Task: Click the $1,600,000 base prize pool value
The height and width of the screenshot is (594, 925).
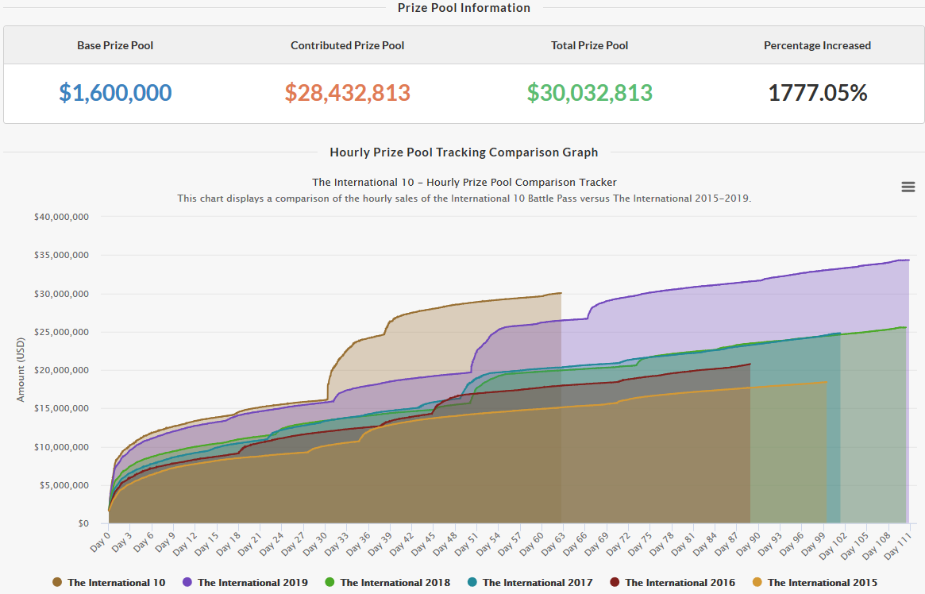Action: coord(115,93)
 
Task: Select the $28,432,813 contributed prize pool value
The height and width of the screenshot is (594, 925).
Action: coord(347,93)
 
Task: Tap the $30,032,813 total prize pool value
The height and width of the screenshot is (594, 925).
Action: coord(589,93)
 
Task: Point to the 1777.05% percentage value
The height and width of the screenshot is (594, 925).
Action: coord(817,93)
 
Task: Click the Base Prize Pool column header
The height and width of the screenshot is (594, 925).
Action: coord(115,45)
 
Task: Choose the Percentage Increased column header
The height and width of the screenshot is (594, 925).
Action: coord(817,45)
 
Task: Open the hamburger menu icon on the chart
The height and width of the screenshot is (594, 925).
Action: coord(908,187)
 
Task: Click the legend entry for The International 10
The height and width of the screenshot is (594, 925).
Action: coord(116,583)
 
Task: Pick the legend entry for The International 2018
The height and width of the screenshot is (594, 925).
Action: coord(395,583)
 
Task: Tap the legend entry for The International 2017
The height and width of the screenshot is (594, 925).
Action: coord(537,583)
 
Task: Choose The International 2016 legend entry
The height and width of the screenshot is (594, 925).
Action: coord(680,583)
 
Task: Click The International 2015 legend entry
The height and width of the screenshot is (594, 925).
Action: coord(822,583)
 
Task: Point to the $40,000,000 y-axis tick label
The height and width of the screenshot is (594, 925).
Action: coord(61,217)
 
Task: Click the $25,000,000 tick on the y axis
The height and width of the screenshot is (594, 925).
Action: coord(61,332)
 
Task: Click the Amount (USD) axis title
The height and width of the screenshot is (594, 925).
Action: coord(21,370)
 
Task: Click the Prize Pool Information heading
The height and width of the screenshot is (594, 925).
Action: coord(464,8)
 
